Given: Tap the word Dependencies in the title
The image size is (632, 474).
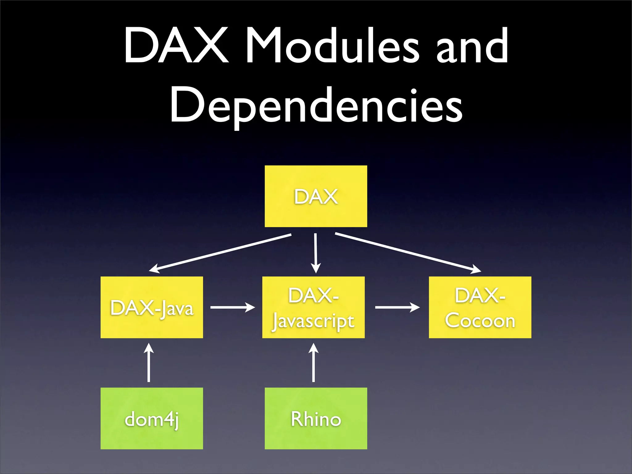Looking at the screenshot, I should tap(316, 105).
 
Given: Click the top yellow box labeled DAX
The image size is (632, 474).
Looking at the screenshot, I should tap(316, 196).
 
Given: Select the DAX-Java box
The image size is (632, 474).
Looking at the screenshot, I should tap(152, 307).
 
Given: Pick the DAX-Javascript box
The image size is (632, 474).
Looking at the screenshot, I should tap(313, 307).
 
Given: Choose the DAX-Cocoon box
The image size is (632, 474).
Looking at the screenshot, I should tap(480, 307).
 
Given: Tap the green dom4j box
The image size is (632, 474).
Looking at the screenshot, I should tap(152, 418).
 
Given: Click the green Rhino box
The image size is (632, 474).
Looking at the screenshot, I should tap(316, 418).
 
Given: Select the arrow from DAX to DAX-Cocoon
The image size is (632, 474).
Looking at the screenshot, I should tap(407, 252).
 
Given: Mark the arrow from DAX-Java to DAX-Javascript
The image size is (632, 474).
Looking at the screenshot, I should tap(232, 307).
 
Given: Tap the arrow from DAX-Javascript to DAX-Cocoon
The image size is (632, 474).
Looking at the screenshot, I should tap(397, 307).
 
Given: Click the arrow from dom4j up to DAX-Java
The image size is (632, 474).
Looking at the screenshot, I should tap(149, 363).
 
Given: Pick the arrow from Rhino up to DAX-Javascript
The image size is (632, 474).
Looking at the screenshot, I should tap(314, 363).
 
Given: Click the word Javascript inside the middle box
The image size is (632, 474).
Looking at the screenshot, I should tap(313, 322).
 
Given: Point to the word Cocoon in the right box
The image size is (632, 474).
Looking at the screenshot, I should tap(480, 321).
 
